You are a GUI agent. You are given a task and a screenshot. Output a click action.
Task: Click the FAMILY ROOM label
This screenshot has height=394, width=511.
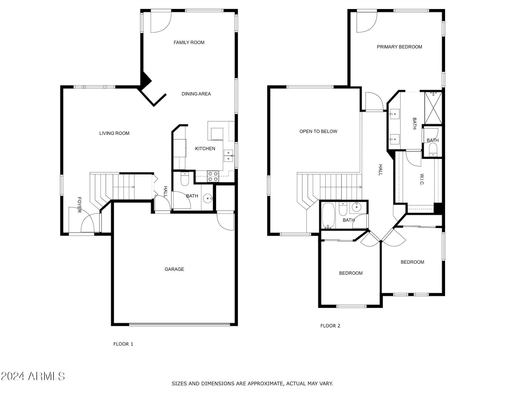[x=189, y=42]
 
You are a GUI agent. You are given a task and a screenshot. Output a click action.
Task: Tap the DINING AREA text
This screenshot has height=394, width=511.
[x=196, y=94]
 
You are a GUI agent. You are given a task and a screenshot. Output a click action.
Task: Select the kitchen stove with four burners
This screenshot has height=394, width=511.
[x=213, y=176]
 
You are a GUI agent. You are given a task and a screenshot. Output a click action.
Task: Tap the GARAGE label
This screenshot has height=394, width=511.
[x=174, y=269]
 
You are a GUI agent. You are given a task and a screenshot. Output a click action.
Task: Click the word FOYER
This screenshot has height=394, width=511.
[x=79, y=205]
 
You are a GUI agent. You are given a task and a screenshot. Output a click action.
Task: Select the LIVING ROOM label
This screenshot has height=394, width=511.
[x=114, y=133]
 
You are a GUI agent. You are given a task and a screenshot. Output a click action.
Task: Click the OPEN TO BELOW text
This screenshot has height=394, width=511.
[x=318, y=131]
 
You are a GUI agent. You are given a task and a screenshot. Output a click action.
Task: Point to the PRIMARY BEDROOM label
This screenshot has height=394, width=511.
[x=399, y=47]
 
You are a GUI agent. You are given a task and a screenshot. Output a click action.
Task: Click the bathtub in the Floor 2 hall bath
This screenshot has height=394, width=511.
[x=327, y=216]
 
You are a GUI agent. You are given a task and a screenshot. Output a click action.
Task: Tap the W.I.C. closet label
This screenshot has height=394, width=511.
[x=422, y=179]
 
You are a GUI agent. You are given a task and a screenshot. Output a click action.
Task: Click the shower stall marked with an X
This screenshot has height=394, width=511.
[x=433, y=108]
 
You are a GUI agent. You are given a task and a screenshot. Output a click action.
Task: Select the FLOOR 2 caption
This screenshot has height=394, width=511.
[x=330, y=326]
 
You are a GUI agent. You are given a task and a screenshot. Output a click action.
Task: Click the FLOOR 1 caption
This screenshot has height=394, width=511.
[x=123, y=344]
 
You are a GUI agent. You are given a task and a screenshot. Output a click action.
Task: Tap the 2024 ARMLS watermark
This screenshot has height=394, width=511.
[x=33, y=376]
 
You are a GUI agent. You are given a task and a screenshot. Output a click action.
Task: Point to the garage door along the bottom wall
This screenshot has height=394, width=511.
[x=179, y=324]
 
